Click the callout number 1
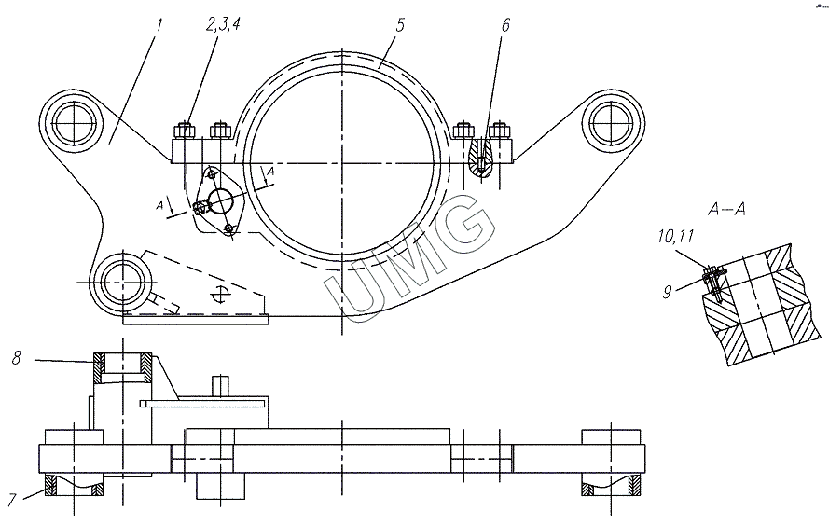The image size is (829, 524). coord(159,25)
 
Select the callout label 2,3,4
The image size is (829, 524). coord(223,25)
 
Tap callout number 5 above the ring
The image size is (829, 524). coord(400,25)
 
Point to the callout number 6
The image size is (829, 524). coord(506,25)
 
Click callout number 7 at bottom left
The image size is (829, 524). coord(14,500)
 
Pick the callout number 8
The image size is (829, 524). coord(17,358)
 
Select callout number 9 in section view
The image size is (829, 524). coord(669,291)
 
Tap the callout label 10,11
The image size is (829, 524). coord(676,236)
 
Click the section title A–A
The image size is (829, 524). coord(726,210)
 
